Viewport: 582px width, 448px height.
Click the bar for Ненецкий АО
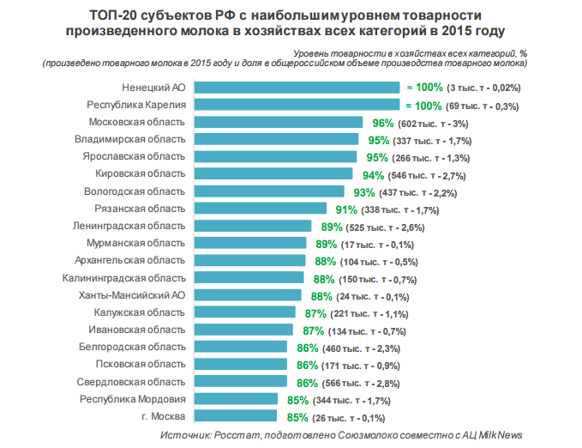(x=297, y=88)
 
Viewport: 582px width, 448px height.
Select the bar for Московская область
(x=279, y=122)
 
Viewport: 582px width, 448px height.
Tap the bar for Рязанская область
(x=261, y=209)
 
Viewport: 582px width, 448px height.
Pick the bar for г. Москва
(x=236, y=415)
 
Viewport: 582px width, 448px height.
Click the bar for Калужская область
(x=245, y=312)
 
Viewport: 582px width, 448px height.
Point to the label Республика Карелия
(x=136, y=105)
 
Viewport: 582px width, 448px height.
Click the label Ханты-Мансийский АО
(x=132, y=295)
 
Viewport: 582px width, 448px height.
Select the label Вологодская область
(x=135, y=191)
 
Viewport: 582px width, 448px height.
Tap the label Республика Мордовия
(x=133, y=399)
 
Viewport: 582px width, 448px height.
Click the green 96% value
(x=383, y=123)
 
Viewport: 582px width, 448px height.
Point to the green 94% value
(x=373, y=175)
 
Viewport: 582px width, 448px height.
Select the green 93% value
(x=364, y=192)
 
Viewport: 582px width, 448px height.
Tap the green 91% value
(x=346, y=209)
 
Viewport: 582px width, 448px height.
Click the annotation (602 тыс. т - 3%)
(x=433, y=124)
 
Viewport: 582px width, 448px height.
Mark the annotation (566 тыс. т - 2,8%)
(x=361, y=384)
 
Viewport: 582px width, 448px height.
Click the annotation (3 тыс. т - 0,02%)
(x=483, y=88)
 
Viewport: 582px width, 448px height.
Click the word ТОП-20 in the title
(x=113, y=15)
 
